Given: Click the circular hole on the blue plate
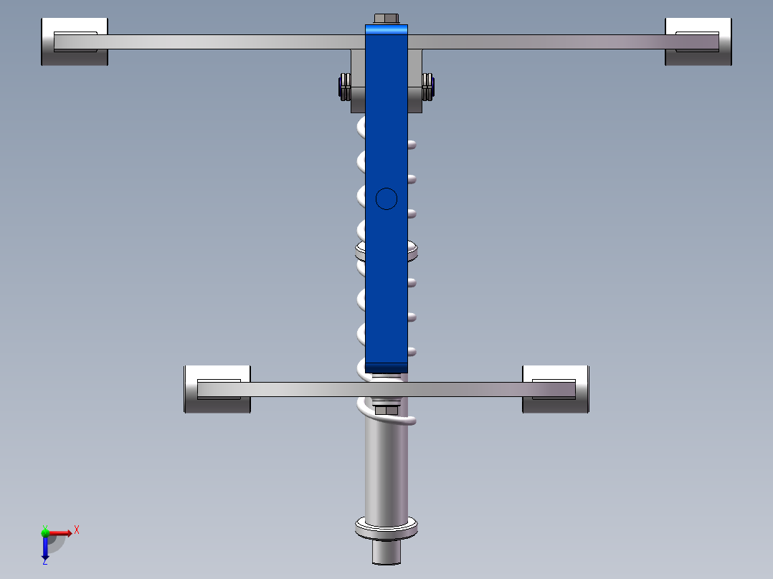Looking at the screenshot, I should [386, 198].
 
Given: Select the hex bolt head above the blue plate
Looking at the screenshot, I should [386, 19].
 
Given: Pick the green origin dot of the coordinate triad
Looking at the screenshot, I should [45, 532].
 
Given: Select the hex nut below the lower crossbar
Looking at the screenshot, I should [386, 410].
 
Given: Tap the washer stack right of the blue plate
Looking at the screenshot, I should [429, 87].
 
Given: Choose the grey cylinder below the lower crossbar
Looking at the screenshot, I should [386, 466].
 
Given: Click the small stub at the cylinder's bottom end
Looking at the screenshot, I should [386, 552].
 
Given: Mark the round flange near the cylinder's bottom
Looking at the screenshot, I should [386, 530].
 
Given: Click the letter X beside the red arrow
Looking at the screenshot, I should [77, 530].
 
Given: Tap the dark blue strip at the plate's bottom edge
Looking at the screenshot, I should [386, 368].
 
